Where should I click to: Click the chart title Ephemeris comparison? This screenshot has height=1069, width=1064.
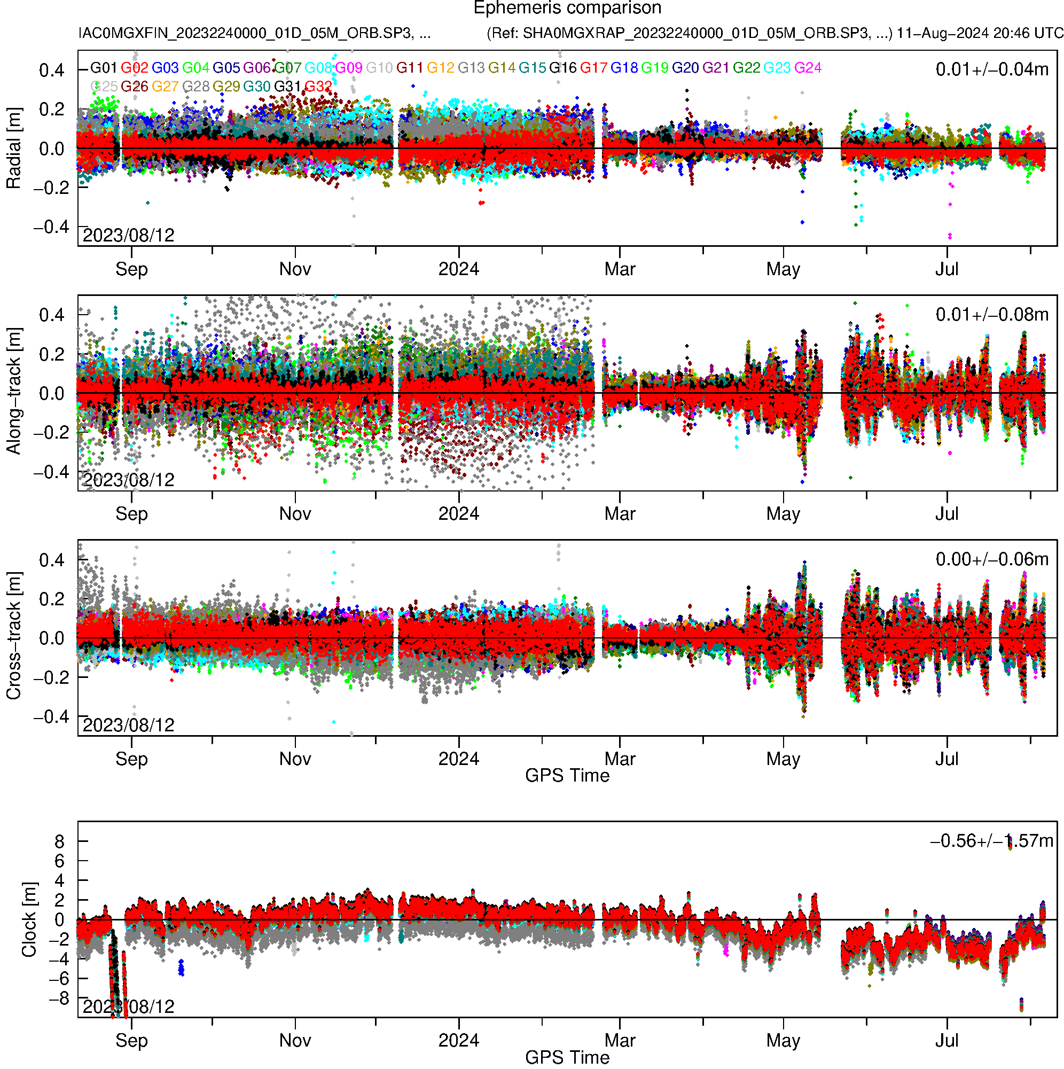pos(567,9)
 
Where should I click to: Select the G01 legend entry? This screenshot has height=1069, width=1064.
pos(104,68)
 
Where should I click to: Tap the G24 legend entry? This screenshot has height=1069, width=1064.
pos(808,68)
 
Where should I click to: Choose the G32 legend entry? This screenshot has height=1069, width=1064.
pos(318,87)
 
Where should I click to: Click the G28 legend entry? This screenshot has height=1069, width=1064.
pos(196,87)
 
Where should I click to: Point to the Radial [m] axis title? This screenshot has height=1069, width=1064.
pos(14,149)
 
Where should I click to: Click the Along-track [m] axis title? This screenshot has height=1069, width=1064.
pos(14,391)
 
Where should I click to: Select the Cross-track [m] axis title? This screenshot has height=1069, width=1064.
pos(14,636)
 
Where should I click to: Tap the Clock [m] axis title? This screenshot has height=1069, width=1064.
pos(29,919)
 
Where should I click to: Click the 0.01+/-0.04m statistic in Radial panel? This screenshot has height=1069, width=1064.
pos(991,69)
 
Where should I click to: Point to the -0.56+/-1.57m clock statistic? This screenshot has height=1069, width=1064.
pos(991,841)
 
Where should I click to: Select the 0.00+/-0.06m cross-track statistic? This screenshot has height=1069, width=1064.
pos(991,559)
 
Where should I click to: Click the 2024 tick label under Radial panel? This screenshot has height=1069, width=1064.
pos(458,269)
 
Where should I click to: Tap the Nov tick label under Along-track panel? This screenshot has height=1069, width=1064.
pos(295,514)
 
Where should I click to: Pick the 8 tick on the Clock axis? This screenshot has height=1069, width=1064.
pos(59,841)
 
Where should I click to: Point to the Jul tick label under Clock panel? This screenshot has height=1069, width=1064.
pos(946,1041)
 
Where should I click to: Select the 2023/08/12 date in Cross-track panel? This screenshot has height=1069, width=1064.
pos(128,725)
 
